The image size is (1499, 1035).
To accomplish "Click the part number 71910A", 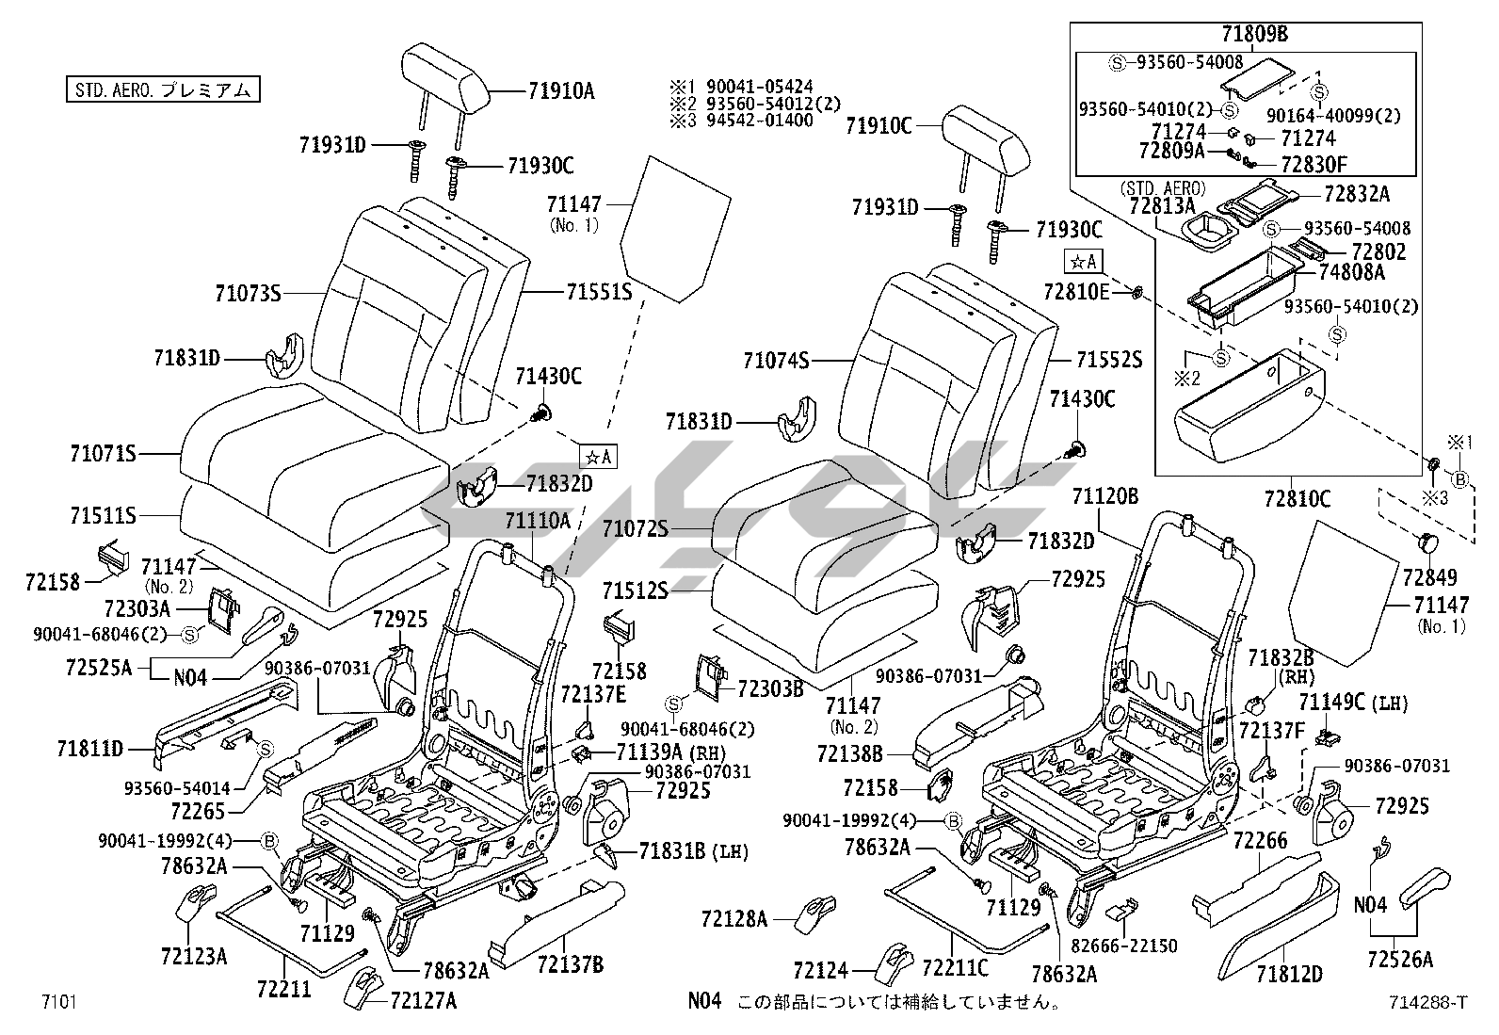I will [560, 91].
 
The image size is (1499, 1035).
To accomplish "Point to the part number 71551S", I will [599, 292].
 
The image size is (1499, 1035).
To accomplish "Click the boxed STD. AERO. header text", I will [161, 90].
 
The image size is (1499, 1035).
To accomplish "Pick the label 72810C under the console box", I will [1297, 500].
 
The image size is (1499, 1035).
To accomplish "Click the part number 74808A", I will [1351, 272].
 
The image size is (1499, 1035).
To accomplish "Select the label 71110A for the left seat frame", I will [537, 521].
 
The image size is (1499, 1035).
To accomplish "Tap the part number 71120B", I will [1105, 496].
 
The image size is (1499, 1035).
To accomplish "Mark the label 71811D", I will [89, 750].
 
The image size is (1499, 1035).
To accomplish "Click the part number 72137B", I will [571, 964].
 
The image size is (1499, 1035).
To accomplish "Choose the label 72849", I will [1428, 576].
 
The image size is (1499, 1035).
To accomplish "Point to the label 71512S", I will [636, 590].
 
